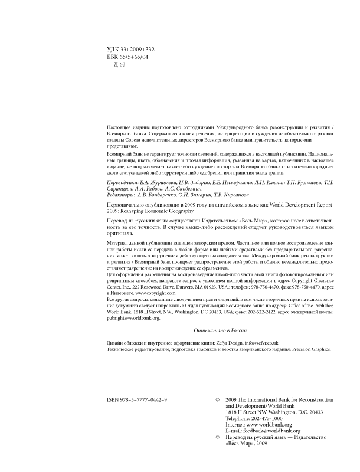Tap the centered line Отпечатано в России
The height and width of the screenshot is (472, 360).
click(219, 331)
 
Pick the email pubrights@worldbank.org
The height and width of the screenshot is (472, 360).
click(133, 317)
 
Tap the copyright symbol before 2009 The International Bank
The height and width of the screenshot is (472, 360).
click(218, 400)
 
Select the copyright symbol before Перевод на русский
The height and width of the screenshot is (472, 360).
click(218, 438)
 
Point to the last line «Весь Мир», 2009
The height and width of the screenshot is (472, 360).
click(247, 444)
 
